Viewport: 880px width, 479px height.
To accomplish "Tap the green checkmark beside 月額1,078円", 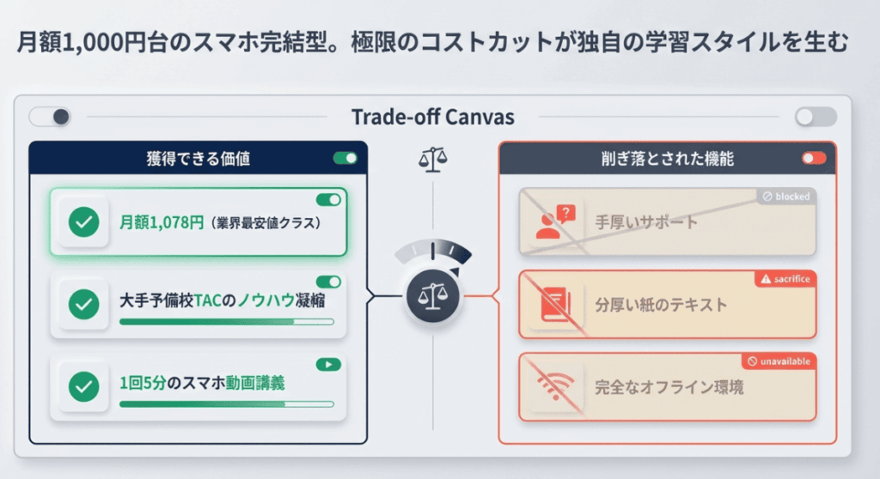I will coord(83,222).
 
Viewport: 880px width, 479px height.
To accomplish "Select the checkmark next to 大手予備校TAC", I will coord(83,303).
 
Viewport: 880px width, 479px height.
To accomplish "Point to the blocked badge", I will coord(786,197).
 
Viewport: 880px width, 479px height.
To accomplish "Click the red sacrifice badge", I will coord(783,279).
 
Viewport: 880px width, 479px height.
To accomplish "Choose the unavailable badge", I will coord(779,361).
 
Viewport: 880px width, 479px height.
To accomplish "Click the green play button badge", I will coord(327,364).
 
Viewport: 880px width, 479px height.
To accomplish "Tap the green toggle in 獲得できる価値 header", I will coord(345,158).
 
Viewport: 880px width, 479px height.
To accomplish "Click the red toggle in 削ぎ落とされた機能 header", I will coord(813,158).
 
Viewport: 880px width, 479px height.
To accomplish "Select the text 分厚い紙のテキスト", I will coord(661,305).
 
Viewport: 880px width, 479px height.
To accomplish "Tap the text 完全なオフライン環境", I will coord(669,387).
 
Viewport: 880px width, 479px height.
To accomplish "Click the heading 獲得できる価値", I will coord(199,159).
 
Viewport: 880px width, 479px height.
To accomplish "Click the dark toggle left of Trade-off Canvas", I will coord(50,117).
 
